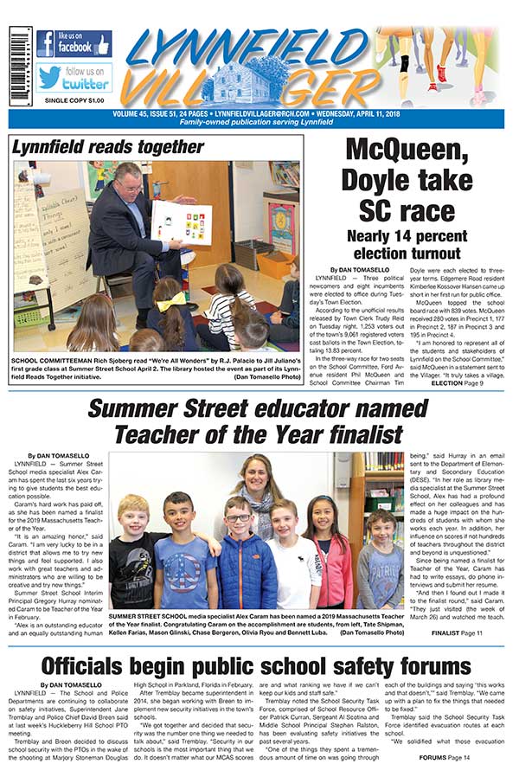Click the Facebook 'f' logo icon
point(45,43)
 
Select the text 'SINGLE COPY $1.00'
point(74,100)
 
